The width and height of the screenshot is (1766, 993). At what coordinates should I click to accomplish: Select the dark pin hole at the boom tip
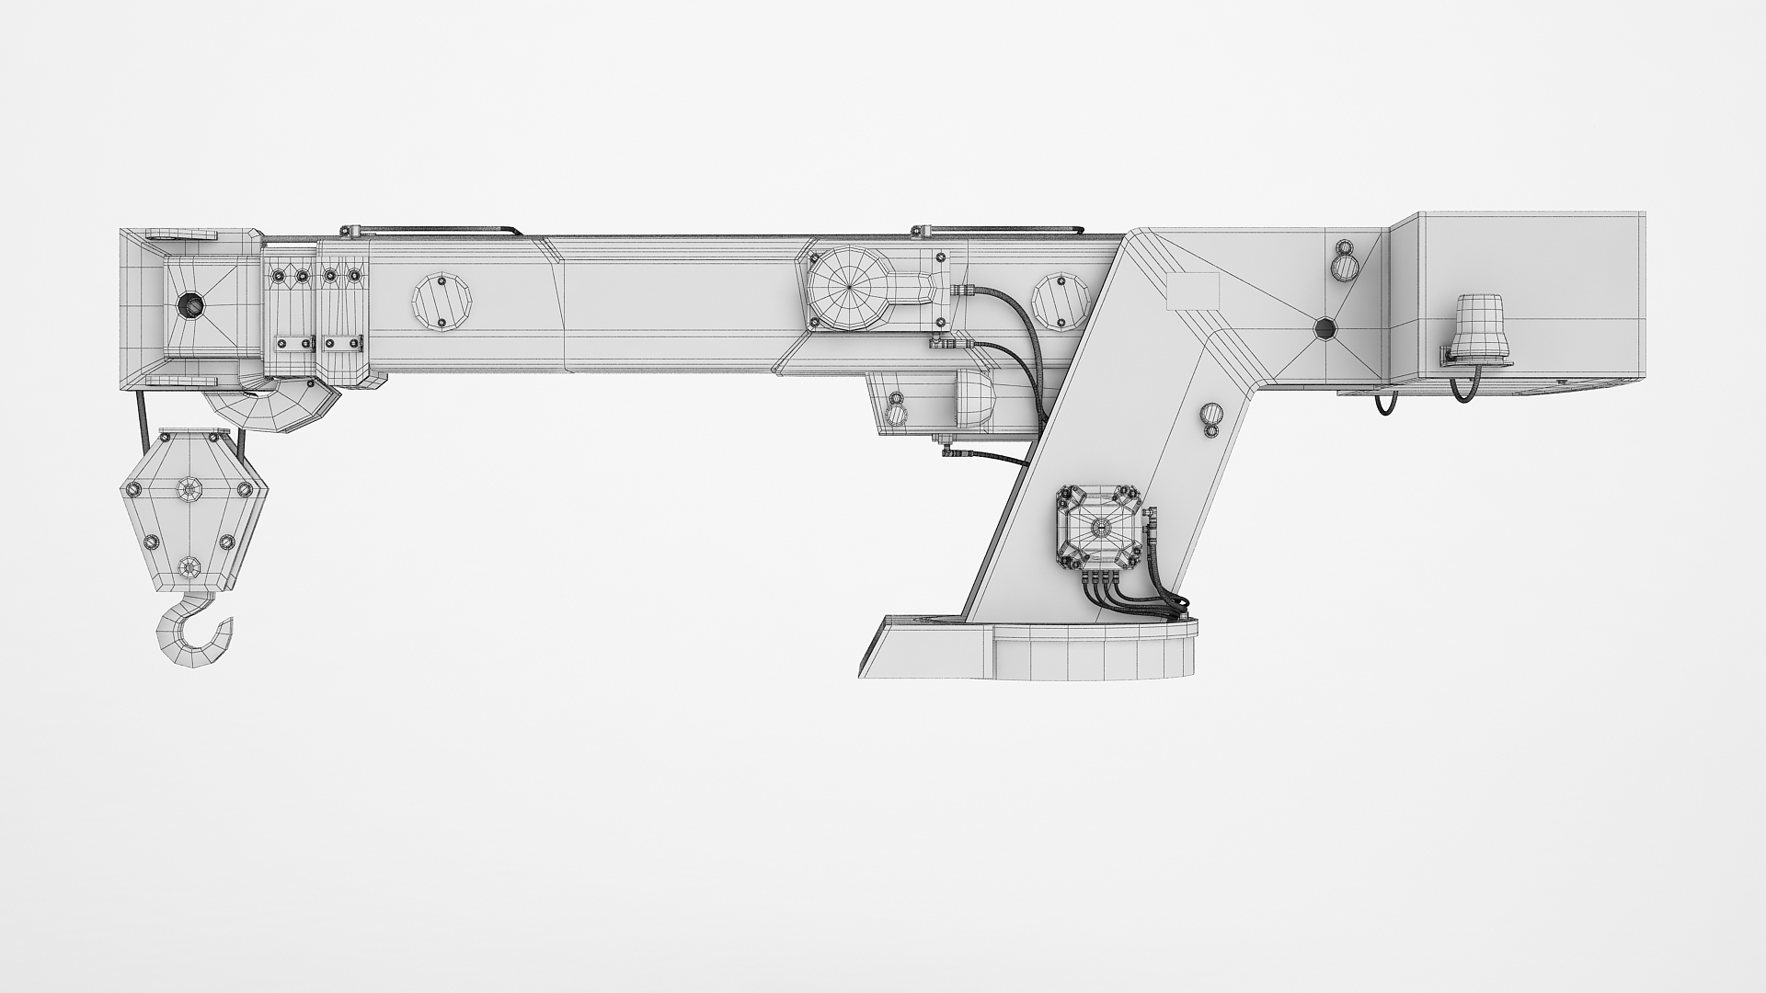[191, 304]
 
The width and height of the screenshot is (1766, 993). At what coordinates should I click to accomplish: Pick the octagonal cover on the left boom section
[441, 301]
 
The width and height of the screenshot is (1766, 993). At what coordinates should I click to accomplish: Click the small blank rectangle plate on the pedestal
[1192, 291]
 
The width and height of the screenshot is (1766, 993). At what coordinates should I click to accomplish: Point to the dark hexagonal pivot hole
[1324, 328]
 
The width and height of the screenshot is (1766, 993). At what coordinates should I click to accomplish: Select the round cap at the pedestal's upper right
[1346, 267]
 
